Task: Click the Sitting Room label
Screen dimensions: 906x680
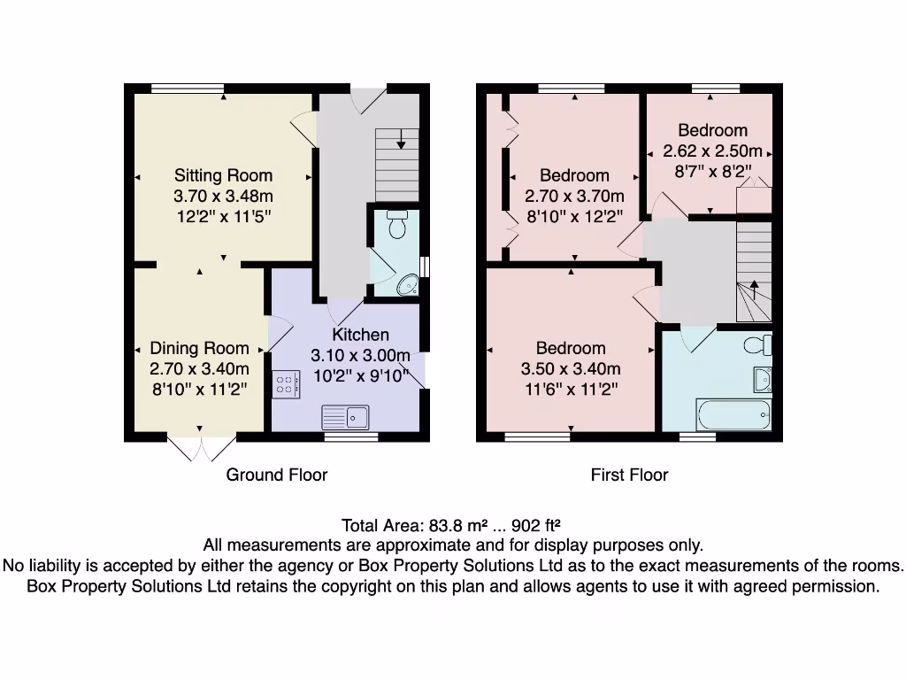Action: tap(223, 175)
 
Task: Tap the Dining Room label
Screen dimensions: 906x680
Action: tap(199, 348)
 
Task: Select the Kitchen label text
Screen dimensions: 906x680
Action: tap(361, 334)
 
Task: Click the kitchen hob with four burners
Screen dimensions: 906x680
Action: tap(286, 384)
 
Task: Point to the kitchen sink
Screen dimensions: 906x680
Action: tap(345, 417)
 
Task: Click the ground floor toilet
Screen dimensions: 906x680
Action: tap(397, 224)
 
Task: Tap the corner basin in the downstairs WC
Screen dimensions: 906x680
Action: tap(409, 284)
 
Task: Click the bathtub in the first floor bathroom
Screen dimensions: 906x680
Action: tap(733, 414)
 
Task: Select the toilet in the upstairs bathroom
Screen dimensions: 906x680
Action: tap(758, 345)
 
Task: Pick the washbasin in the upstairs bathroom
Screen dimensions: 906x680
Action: tap(763, 379)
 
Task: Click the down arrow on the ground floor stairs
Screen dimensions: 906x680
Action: tap(401, 139)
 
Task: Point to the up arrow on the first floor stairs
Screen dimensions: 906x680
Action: tap(754, 290)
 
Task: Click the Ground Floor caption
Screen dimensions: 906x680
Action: tap(277, 475)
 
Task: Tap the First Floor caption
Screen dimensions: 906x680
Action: tap(629, 475)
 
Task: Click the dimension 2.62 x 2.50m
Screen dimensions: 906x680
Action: tap(712, 151)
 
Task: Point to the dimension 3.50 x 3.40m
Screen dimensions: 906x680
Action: tap(571, 368)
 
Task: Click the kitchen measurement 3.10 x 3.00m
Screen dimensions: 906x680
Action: tap(361, 355)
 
